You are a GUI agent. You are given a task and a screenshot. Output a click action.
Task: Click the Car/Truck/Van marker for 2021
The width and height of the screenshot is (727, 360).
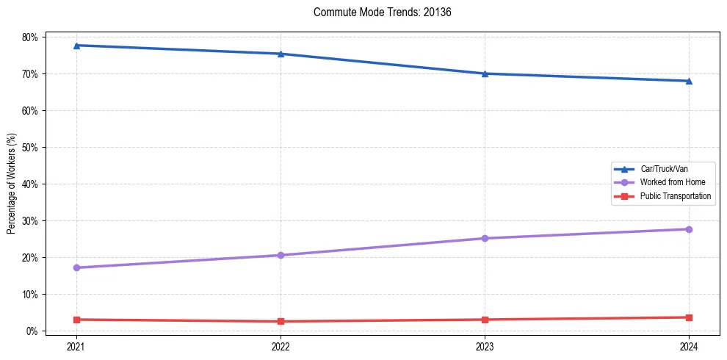point(76,46)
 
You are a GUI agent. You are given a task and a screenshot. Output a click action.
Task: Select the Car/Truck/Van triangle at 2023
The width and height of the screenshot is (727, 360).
point(485,73)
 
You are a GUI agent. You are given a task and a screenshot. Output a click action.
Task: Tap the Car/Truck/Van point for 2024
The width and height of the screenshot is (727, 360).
point(689,81)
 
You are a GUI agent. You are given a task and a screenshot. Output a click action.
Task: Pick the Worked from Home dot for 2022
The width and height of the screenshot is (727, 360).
point(281,255)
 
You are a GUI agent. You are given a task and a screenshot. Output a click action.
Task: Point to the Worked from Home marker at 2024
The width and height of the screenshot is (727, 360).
point(689,229)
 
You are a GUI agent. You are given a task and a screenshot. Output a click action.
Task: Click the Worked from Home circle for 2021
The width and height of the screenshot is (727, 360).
point(76,267)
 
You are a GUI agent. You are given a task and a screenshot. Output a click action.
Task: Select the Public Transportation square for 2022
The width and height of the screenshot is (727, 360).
point(281,321)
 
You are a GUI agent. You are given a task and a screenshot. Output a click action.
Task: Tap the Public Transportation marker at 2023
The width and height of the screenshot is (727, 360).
point(485,320)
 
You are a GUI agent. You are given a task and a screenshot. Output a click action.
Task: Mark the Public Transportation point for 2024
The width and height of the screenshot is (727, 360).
point(689,317)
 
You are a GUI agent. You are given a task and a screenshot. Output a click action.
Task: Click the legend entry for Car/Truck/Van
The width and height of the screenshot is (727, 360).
point(664,169)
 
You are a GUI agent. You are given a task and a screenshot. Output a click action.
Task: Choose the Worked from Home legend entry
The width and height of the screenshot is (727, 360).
point(672,182)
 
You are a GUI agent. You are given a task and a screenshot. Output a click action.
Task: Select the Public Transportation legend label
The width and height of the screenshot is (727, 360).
point(675,196)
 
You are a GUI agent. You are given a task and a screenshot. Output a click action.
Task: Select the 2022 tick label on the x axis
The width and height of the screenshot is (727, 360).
point(281,345)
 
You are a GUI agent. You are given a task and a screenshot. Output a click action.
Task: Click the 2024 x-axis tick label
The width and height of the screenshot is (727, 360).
point(689,345)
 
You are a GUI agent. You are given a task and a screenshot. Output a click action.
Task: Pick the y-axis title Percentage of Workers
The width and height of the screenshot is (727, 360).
point(11,184)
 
